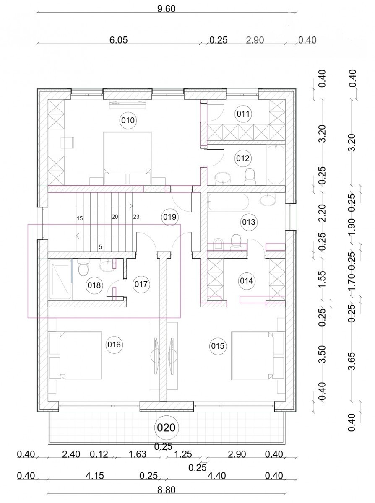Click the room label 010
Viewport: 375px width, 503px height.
128,120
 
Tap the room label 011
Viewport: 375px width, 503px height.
243,114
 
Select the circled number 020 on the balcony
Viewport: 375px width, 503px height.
167,428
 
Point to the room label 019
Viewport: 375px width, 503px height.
170,217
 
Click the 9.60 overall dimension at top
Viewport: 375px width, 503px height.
167,9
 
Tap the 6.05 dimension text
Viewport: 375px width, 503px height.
118,40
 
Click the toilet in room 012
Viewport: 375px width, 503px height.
250,176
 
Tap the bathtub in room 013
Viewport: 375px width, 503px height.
229,202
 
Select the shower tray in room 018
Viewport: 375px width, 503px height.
60,280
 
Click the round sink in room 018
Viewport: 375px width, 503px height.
107,266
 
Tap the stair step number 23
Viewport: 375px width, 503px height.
136,217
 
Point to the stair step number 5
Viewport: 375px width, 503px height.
100,247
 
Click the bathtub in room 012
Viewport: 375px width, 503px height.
276,165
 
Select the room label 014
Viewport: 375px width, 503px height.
246,281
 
